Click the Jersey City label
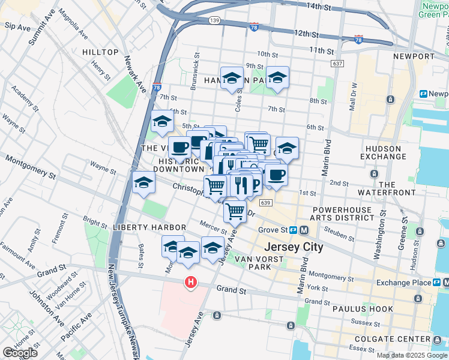(294, 247)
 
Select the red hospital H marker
(191, 281)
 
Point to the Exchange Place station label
(404, 283)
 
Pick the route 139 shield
(214, 20)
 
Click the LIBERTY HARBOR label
(140, 227)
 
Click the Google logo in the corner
(20, 352)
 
